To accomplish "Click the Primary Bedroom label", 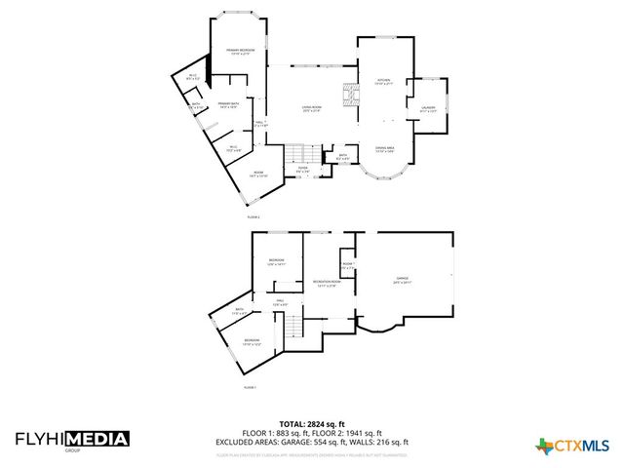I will [x=240, y=51].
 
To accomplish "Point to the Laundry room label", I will [x=427, y=109].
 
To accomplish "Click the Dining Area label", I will [x=385, y=149].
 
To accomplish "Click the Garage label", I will [x=403, y=280].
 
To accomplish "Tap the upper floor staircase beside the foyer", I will [x=303, y=154].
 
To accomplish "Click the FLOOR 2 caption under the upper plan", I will [x=253, y=215].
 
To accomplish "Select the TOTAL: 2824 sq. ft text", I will [x=312, y=425].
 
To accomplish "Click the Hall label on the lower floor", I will [x=280, y=301].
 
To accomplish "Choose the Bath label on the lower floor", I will [x=239, y=311].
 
